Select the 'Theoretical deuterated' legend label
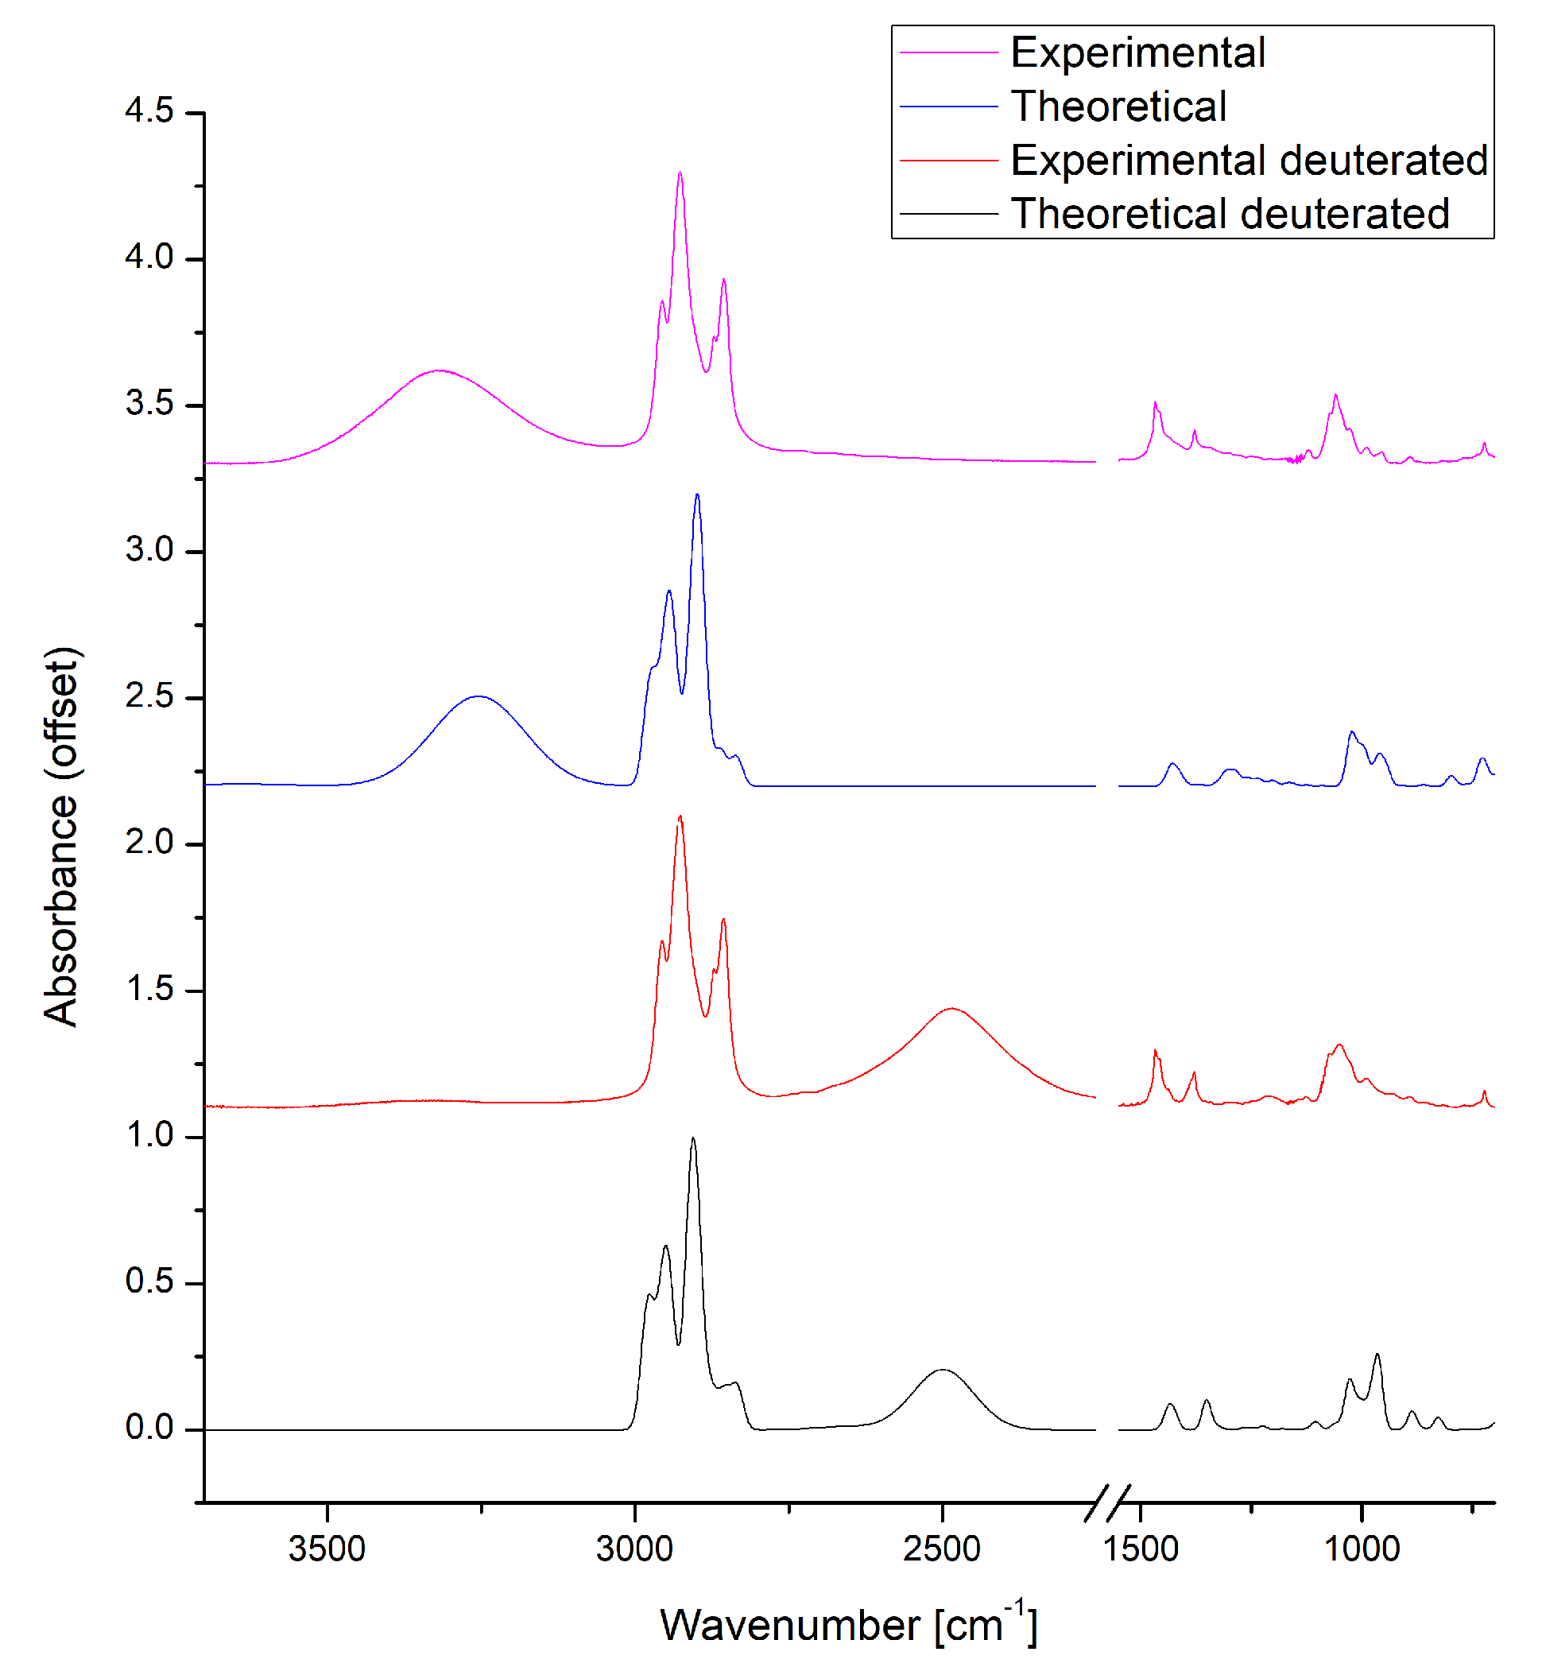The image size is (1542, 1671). pyautogui.click(x=1229, y=214)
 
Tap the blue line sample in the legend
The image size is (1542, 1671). pyautogui.click(x=948, y=107)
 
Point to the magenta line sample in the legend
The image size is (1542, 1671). pyautogui.click(x=948, y=52)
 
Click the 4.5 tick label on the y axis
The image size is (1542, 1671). pyautogui.click(x=149, y=111)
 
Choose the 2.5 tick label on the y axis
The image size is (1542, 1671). pyautogui.click(x=149, y=696)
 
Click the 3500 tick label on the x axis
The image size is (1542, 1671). pyautogui.click(x=327, y=1549)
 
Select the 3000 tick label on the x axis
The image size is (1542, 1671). pyautogui.click(x=634, y=1549)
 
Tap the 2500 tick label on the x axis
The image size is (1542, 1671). pyautogui.click(x=942, y=1549)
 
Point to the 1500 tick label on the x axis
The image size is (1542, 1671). pyautogui.click(x=1140, y=1549)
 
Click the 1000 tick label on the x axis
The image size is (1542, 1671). pyautogui.click(x=1362, y=1549)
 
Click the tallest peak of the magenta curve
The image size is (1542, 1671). pyautogui.click(x=680, y=173)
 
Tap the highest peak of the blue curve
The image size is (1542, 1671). pyautogui.click(x=697, y=495)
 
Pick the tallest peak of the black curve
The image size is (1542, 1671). pyautogui.click(x=692, y=1138)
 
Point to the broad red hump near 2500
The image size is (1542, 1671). pyautogui.click(x=951, y=1008)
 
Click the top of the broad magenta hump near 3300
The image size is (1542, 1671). pyautogui.click(x=438, y=370)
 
